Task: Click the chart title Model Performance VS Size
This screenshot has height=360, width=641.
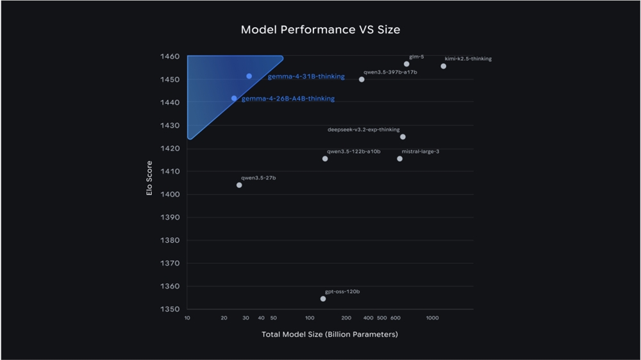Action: pyautogui.click(x=320, y=30)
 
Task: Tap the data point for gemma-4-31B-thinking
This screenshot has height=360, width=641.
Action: pyautogui.click(x=249, y=76)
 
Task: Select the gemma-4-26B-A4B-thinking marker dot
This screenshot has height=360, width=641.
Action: pyautogui.click(x=234, y=98)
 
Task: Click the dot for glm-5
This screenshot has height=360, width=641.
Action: pyautogui.click(x=406, y=64)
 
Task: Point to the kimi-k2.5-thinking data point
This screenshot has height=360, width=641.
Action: pyautogui.click(x=443, y=66)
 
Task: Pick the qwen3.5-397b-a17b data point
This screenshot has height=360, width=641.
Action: pyautogui.click(x=362, y=79)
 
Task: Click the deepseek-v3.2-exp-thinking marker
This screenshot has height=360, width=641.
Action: pyautogui.click(x=403, y=136)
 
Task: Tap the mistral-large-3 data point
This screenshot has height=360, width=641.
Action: pyautogui.click(x=400, y=158)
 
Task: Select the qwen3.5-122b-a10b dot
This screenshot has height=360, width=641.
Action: pyautogui.click(x=325, y=158)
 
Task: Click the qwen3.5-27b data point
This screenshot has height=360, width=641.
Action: pyautogui.click(x=239, y=185)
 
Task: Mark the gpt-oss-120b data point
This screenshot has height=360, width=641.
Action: pyautogui.click(x=323, y=299)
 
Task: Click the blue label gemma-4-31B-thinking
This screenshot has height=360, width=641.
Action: pyautogui.click(x=306, y=77)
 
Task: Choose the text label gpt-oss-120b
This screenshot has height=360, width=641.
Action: pyautogui.click(x=342, y=291)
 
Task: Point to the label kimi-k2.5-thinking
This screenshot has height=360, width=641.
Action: pyautogui.click(x=469, y=59)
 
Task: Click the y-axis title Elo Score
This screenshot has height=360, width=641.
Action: pyautogui.click(x=149, y=178)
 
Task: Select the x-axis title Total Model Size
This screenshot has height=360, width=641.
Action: pyautogui.click(x=329, y=334)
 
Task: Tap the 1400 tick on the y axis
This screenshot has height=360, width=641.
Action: pyautogui.click(x=169, y=194)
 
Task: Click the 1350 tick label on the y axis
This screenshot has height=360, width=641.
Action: pyautogui.click(x=169, y=309)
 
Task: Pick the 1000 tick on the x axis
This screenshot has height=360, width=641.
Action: pyautogui.click(x=432, y=318)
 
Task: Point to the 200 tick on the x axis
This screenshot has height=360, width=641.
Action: pyautogui.click(x=346, y=318)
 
